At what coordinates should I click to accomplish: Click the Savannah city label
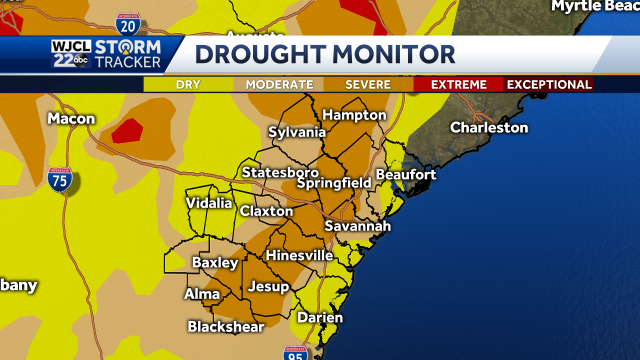357,226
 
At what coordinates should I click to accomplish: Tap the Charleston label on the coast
488,127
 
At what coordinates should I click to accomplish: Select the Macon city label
71,119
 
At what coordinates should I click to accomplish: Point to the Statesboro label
280,172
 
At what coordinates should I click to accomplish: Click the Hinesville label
299,255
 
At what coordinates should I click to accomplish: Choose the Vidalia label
209,203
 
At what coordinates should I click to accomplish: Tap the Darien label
319,317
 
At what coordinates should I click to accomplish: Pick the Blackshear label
226,327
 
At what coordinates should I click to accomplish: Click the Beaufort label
405,175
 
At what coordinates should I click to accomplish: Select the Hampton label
354,115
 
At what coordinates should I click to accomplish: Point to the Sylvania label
297,132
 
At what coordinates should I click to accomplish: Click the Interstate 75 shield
61,182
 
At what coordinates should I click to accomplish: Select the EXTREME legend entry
458,84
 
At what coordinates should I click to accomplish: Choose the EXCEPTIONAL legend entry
549,84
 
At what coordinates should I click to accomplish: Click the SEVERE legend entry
368,84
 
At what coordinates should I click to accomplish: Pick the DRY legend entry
188,84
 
